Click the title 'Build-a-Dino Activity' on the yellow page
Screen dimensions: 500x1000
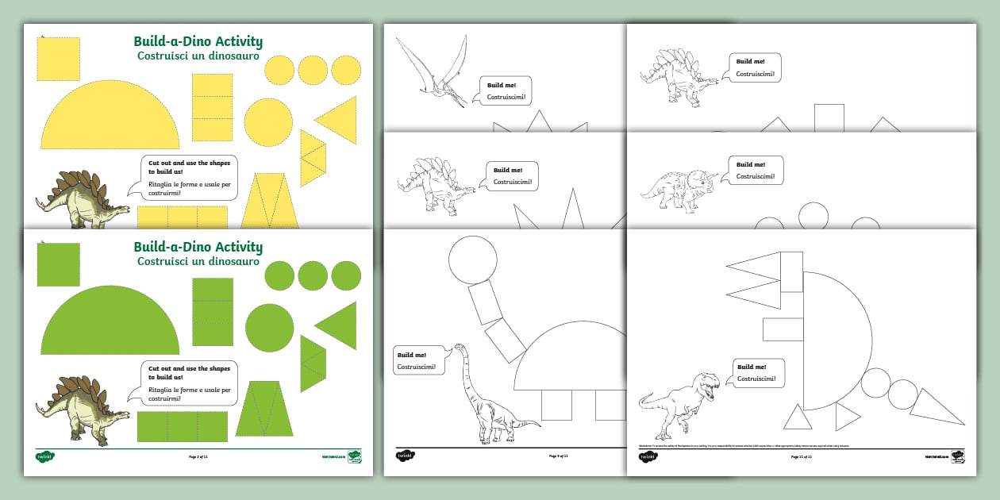[198, 42]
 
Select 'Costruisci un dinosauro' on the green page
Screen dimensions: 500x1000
[198, 261]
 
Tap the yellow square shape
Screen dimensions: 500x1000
[59, 59]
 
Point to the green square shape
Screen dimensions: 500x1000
[59, 264]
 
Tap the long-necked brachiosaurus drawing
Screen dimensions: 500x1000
[484, 397]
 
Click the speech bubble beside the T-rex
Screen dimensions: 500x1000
[760, 373]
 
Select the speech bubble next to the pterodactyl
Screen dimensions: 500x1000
[505, 90]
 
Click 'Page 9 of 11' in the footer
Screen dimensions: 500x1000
[559, 456]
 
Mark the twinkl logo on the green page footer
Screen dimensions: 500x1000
[44, 456]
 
